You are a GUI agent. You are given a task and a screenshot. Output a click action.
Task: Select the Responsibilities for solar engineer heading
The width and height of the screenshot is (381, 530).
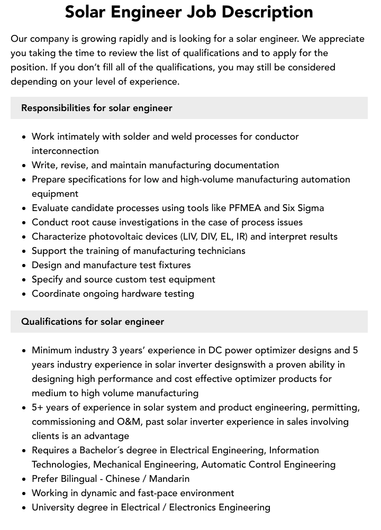[97, 108]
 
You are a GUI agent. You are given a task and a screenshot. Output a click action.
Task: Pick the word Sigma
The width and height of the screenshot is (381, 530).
[310, 208]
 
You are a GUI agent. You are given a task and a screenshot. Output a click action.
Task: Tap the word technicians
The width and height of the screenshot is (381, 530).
[219, 251]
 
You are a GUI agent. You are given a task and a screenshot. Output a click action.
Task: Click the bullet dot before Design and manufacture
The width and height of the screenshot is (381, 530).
[24, 266]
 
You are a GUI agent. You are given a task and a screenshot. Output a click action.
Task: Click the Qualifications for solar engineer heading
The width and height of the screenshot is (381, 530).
[93, 322]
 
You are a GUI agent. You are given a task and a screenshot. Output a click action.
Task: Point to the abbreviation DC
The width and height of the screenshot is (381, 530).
[215, 350]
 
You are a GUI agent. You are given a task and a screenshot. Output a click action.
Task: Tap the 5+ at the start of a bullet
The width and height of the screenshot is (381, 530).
[38, 407]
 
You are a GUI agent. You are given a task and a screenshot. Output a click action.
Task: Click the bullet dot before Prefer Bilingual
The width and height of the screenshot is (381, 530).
[24, 479]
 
